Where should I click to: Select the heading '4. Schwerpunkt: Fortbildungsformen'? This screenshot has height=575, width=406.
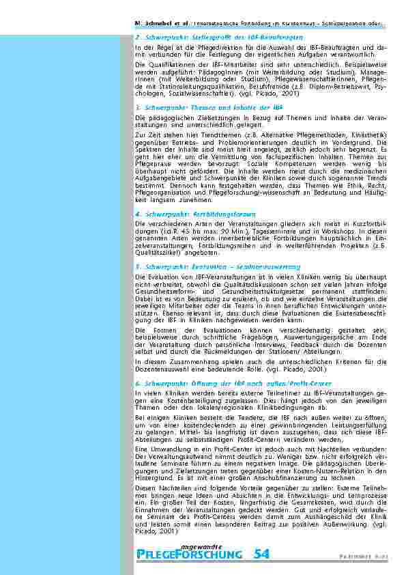[192, 214]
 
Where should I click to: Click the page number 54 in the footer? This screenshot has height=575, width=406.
[261, 554]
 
